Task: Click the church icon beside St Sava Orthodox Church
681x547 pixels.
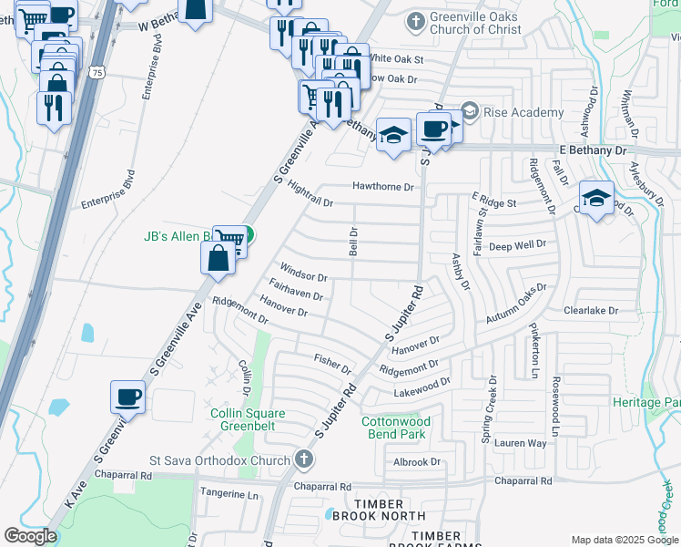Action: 304,461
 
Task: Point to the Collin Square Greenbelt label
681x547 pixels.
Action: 248,420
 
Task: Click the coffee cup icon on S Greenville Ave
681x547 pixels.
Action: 127,397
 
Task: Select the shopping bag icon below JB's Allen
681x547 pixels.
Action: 219,258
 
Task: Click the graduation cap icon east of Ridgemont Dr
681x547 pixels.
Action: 595,198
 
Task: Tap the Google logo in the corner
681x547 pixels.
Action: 30,536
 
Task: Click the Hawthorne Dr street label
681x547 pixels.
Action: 383,187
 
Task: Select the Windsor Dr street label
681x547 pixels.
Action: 303,272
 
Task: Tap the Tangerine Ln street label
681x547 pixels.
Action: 228,495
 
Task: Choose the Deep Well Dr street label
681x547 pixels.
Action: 517,244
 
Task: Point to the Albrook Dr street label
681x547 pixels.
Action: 417,462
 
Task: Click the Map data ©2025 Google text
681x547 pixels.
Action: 624,540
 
